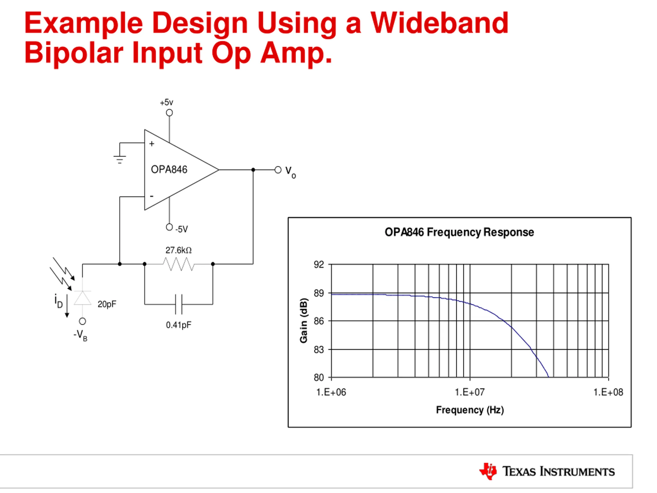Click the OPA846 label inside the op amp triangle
169,170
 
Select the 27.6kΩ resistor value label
179,250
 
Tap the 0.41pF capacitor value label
179,325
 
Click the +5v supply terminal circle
169,113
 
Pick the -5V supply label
181,229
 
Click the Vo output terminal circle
278,170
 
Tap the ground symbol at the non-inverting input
120,159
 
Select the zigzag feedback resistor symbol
179,264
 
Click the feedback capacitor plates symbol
179,304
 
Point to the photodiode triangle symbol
82,298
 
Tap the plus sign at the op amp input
152,144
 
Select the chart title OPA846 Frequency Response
459,232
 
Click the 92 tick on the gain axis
319,264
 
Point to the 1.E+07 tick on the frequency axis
470,392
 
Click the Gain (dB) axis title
304,320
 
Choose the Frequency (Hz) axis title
470,410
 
